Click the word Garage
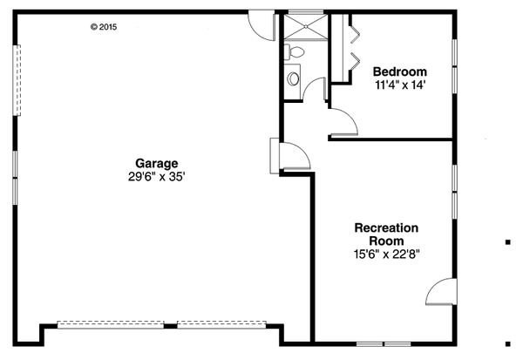coord(157,162)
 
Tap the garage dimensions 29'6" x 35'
coord(157,175)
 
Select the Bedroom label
coord(399,71)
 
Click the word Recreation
coord(386,228)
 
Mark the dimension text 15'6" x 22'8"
coord(386,256)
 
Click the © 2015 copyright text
coord(103,27)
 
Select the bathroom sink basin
coord(293,79)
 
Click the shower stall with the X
coord(304,26)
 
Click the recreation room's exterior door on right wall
coord(441,291)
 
